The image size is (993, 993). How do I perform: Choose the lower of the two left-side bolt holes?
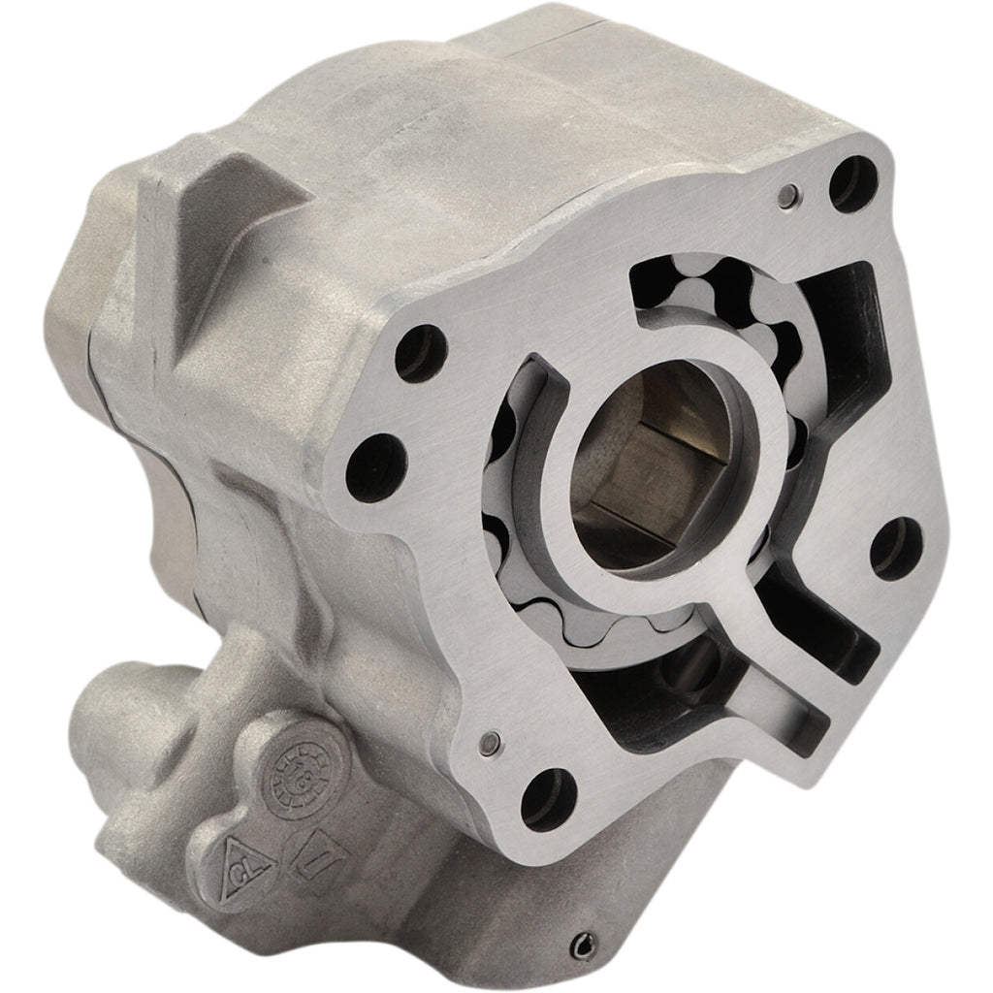(x=375, y=463)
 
